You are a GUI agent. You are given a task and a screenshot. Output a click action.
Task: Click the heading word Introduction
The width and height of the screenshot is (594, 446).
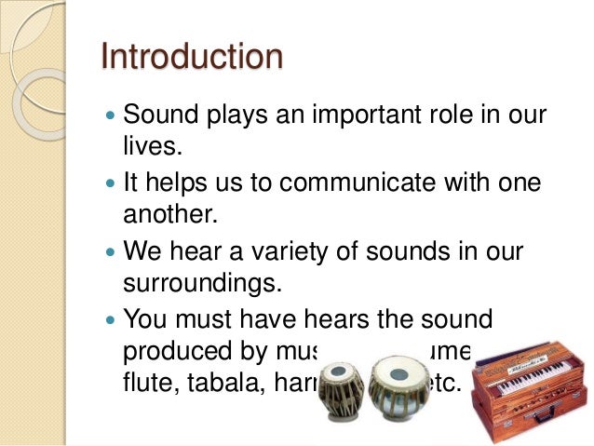pyautogui.click(x=191, y=57)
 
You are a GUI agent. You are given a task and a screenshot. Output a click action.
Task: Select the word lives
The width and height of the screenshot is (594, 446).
pyautogui.click(x=150, y=146)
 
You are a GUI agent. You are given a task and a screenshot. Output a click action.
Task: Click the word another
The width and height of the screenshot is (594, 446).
pyautogui.click(x=170, y=214)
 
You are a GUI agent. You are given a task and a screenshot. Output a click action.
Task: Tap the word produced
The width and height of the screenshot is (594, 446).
pyautogui.click(x=176, y=351)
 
